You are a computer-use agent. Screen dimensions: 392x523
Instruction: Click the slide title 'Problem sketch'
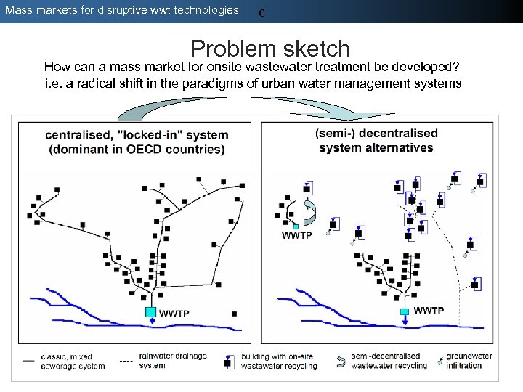pyautogui.click(x=270, y=49)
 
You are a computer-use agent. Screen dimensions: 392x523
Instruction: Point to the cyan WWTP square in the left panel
pyautogui.click(x=150, y=312)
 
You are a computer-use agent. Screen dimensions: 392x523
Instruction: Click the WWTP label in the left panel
pyautogui.click(x=174, y=314)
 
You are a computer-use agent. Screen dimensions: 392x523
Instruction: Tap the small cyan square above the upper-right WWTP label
pyautogui.click(x=296, y=226)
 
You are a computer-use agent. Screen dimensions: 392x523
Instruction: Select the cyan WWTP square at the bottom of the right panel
pyautogui.click(x=404, y=311)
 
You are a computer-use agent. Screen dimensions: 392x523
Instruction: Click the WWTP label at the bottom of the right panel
pyautogui.click(x=429, y=311)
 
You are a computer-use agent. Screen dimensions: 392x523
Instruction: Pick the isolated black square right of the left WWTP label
pyautogui.click(x=234, y=314)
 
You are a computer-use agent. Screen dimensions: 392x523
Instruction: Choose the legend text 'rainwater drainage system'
pyautogui.click(x=173, y=361)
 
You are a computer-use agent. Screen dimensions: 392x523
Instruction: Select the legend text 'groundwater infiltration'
pyautogui.click(x=469, y=361)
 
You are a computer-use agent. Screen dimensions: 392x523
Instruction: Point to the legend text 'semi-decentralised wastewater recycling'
pyautogui.click(x=389, y=361)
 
